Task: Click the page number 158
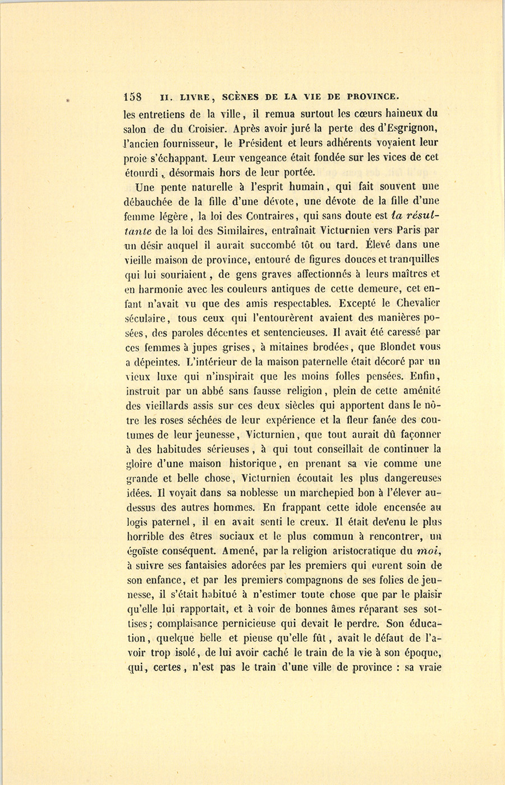click(x=135, y=96)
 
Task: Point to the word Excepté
click(x=355, y=303)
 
